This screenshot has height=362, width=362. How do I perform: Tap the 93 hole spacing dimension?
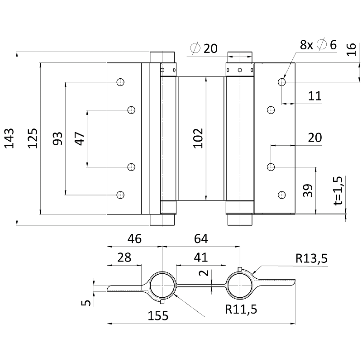(x=57, y=138)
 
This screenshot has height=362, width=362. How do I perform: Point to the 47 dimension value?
(x=80, y=138)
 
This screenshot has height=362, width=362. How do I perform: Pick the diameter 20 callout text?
(x=205, y=48)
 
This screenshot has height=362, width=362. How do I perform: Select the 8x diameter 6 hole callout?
(x=319, y=45)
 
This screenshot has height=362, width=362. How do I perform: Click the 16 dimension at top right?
(x=352, y=49)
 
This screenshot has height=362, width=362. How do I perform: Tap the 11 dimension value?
(x=315, y=95)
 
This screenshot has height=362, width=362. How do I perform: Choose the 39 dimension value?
(x=308, y=191)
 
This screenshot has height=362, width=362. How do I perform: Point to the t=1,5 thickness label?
(x=340, y=190)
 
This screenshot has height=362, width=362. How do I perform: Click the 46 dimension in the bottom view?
(x=134, y=238)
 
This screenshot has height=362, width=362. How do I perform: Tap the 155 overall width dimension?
(x=157, y=315)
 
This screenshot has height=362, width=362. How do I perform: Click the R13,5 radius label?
(x=311, y=259)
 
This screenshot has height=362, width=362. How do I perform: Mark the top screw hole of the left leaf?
(x=120, y=82)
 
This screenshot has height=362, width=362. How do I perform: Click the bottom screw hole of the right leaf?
(x=281, y=195)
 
